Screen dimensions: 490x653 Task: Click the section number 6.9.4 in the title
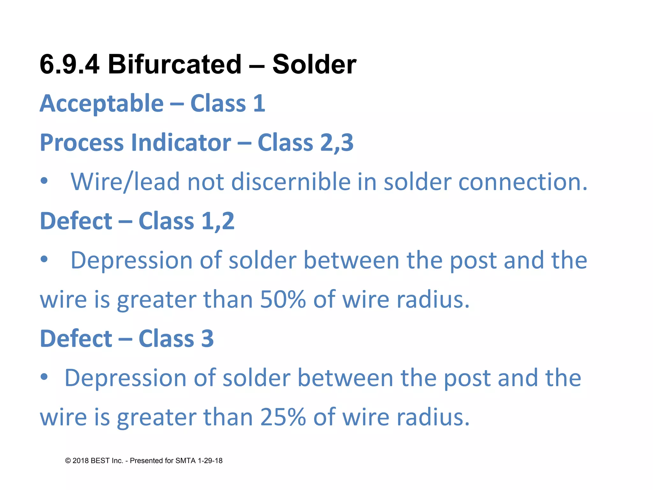click(70, 64)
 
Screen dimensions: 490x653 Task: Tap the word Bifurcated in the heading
click(175, 64)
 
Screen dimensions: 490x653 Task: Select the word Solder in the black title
click(314, 64)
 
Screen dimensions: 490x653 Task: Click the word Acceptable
click(102, 104)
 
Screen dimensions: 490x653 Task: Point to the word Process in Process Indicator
click(82, 143)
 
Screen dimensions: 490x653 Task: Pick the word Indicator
click(181, 143)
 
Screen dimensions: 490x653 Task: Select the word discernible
click(291, 182)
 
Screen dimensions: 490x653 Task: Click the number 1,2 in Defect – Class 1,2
click(218, 221)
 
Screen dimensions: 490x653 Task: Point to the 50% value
click(283, 300)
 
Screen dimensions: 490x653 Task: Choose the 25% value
click(283, 417)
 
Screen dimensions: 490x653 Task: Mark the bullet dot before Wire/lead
click(44, 181)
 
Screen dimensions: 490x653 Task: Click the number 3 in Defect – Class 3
click(207, 339)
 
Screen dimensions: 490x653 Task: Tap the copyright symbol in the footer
click(68, 461)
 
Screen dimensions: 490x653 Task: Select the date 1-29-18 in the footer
click(210, 461)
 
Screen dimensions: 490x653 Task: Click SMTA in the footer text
click(185, 461)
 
